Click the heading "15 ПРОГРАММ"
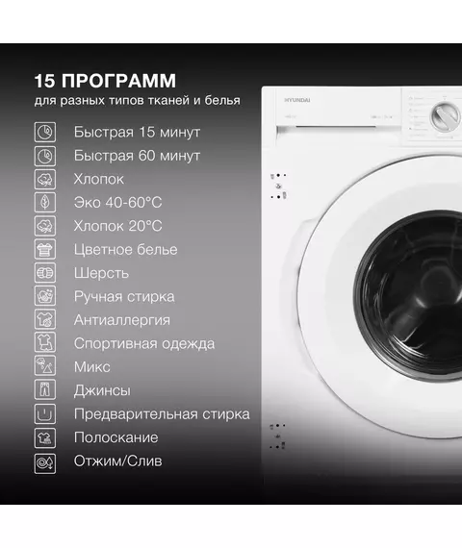point(105,81)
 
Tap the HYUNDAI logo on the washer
point(296,100)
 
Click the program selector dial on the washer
point(446,117)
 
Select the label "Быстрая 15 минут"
point(137,132)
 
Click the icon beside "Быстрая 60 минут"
point(45,156)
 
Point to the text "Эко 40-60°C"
point(118,203)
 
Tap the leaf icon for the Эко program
point(45,202)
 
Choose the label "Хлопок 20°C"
point(118,226)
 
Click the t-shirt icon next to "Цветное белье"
point(45,250)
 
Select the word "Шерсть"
point(101,273)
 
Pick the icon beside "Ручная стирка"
point(45,296)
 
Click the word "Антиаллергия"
point(122,320)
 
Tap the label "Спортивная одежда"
point(144,344)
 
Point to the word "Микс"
point(92,367)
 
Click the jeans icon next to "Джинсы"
point(45,390)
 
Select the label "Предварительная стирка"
point(162,414)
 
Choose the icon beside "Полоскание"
point(45,437)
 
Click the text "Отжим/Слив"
point(118,461)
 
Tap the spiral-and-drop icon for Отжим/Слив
point(45,463)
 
